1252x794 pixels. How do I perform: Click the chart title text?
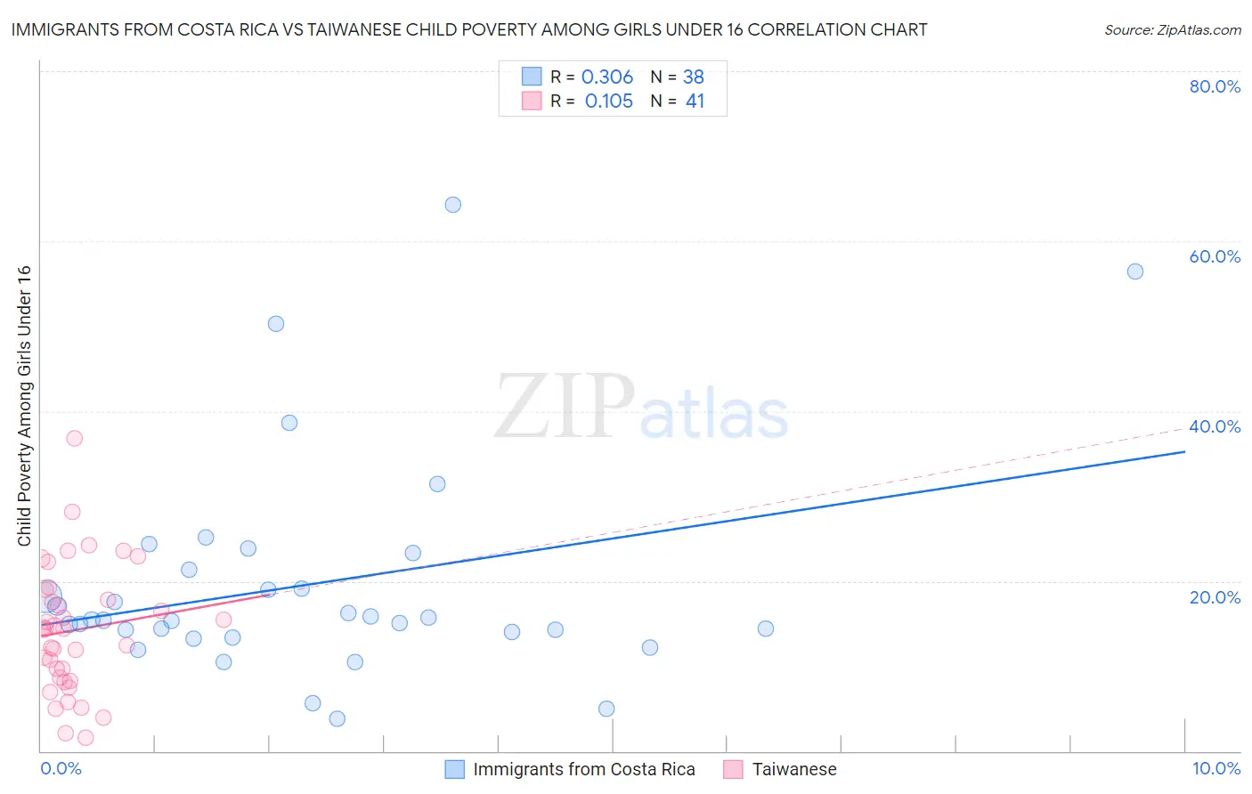[x=469, y=29]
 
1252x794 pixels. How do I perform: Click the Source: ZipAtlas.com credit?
[x=1172, y=29]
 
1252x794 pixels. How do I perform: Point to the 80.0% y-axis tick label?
[x=1215, y=86]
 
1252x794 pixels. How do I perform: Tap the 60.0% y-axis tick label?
[x=1215, y=256]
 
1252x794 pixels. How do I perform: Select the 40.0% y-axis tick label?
[x=1215, y=426]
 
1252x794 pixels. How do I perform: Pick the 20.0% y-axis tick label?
[x=1215, y=596]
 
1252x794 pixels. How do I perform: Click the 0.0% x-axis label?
[x=61, y=768]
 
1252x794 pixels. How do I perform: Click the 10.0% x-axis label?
[x=1215, y=768]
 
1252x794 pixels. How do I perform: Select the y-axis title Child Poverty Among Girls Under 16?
[x=24, y=406]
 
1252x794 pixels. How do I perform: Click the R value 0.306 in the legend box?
[x=606, y=77]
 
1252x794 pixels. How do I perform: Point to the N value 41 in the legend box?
[x=695, y=101]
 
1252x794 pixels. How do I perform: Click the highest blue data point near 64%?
[x=452, y=205]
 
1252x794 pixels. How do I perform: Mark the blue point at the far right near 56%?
[x=1134, y=271]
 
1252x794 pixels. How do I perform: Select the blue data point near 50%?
[x=276, y=324]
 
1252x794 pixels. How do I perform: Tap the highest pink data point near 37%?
[x=75, y=438]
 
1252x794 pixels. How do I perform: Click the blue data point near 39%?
[x=289, y=423]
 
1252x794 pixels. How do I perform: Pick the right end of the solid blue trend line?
[x=1184, y=451]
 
